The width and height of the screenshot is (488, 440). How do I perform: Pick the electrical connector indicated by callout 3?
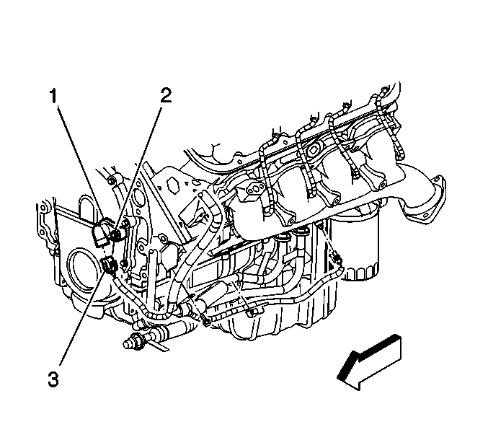pos(110,265)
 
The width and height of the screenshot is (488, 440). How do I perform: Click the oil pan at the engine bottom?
pos(288,317)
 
